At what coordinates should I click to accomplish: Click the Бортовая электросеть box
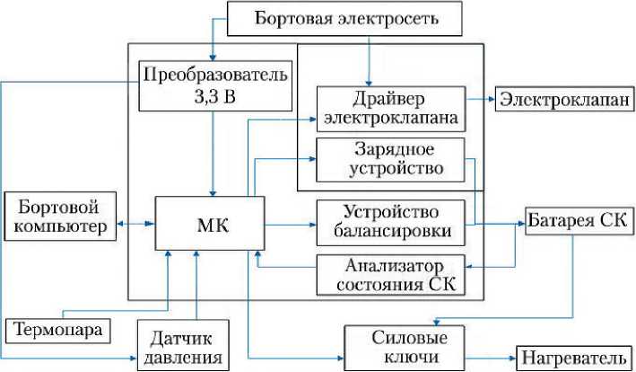tap(346, 18)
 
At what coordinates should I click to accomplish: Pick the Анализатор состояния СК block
tap(390, 276)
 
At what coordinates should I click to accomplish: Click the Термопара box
tap(60, 330)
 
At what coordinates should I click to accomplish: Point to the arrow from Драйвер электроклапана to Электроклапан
tap(479, 98)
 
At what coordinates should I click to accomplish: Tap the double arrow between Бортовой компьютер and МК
tap(137, 224)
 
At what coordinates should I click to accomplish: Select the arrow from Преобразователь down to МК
tap(213, 153)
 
